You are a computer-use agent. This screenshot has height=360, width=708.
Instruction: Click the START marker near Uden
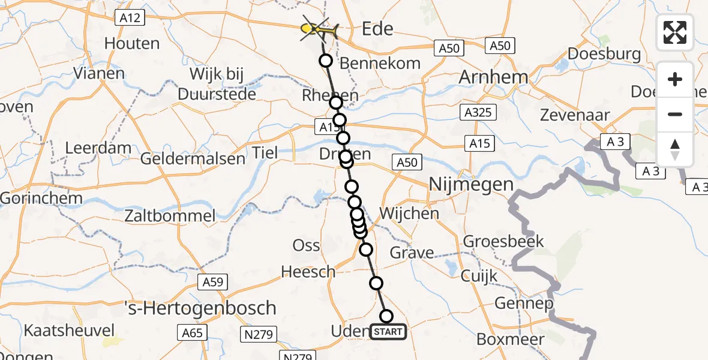pos(388,331)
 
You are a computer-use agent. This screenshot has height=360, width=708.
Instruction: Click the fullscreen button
pos(675,32)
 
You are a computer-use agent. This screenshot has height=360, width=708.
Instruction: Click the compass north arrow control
pos(675,149)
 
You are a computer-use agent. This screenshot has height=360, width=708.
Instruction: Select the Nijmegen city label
pos(472,185)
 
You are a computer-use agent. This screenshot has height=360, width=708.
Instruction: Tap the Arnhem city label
pos(493,77)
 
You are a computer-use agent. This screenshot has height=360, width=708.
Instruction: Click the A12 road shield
pos(130,18)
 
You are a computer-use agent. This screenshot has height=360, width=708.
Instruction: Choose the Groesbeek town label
pos(503,242)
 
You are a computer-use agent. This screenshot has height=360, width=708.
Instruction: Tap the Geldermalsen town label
pos(193,159)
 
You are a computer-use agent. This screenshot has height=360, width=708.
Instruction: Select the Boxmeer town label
pos(511,339)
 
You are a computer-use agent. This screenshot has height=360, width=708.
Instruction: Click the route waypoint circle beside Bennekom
pos(326,61)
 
